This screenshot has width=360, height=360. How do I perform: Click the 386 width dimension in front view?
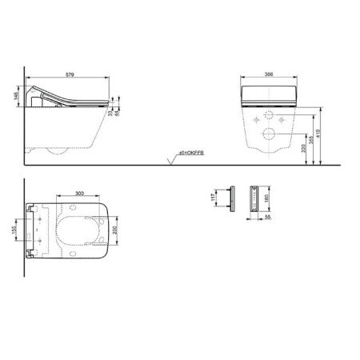270,74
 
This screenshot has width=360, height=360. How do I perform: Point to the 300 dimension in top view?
79,194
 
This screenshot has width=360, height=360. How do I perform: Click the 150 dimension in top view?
17,231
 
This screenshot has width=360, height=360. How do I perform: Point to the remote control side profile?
232,198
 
